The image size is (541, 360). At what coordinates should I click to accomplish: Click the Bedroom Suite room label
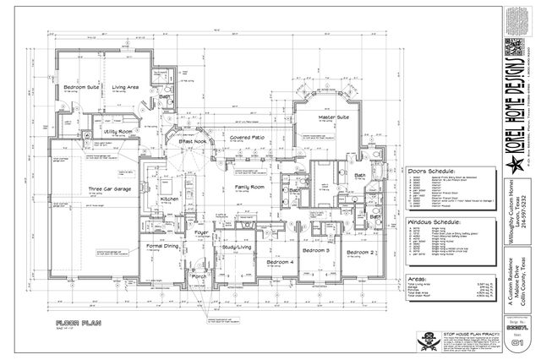(81, 86)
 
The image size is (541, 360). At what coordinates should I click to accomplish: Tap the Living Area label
(126, 86)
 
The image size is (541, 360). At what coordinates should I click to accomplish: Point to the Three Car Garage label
(109, 189)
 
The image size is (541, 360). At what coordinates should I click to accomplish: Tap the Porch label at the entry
(199, 276)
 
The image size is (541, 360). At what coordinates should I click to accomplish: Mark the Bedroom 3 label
(316, 251)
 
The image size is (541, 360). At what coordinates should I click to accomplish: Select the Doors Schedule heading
(432, 170)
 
